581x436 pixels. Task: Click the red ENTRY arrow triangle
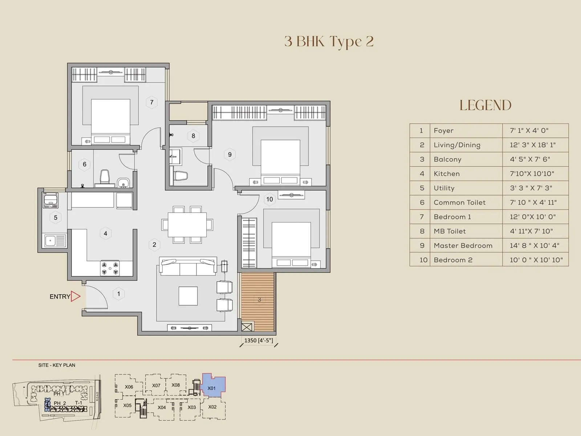[75, 296]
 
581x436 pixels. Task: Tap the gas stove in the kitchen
[110, 268]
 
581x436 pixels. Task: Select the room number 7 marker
[152, 102]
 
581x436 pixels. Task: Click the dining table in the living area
[187, 225]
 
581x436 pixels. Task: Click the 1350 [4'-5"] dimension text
[259, 340]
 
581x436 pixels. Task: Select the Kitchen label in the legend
[447, 174]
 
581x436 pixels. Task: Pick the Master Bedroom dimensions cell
[535, 246]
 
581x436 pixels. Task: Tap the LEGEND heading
[485, 105]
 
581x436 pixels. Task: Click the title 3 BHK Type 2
[329, 41]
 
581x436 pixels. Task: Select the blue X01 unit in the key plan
[212, 387]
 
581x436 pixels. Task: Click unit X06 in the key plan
[129, 387]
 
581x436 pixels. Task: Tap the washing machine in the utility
[50, 200]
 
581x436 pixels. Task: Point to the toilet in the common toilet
[105, 177]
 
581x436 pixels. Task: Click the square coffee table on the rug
[188, 296]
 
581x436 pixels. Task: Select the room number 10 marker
[269, 199]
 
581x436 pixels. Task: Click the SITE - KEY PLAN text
[57, 365]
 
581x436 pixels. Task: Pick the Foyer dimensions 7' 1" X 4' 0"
[529, 130]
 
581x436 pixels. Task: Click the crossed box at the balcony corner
[247, 327]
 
